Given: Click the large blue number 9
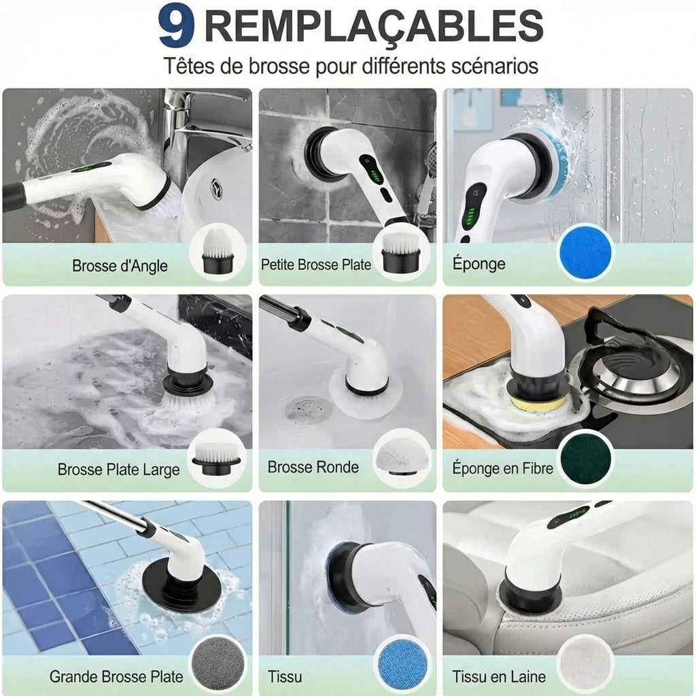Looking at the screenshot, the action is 176,26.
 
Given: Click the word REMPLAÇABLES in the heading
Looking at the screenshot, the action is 374,26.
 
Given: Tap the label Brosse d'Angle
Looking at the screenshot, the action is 120,266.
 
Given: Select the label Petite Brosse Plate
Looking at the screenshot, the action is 315,265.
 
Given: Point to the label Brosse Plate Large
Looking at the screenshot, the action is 118,470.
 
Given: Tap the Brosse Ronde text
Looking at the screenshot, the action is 313,468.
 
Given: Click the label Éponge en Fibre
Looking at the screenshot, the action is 502,468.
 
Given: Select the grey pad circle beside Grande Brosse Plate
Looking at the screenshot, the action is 217,664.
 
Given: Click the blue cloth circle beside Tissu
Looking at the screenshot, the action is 402,663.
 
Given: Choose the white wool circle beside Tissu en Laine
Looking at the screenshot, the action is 585,662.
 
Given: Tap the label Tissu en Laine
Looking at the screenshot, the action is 499,677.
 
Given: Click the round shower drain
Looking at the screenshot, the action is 309,408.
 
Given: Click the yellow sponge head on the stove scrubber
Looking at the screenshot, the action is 538,404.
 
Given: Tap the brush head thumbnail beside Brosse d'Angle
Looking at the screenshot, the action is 217,251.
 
